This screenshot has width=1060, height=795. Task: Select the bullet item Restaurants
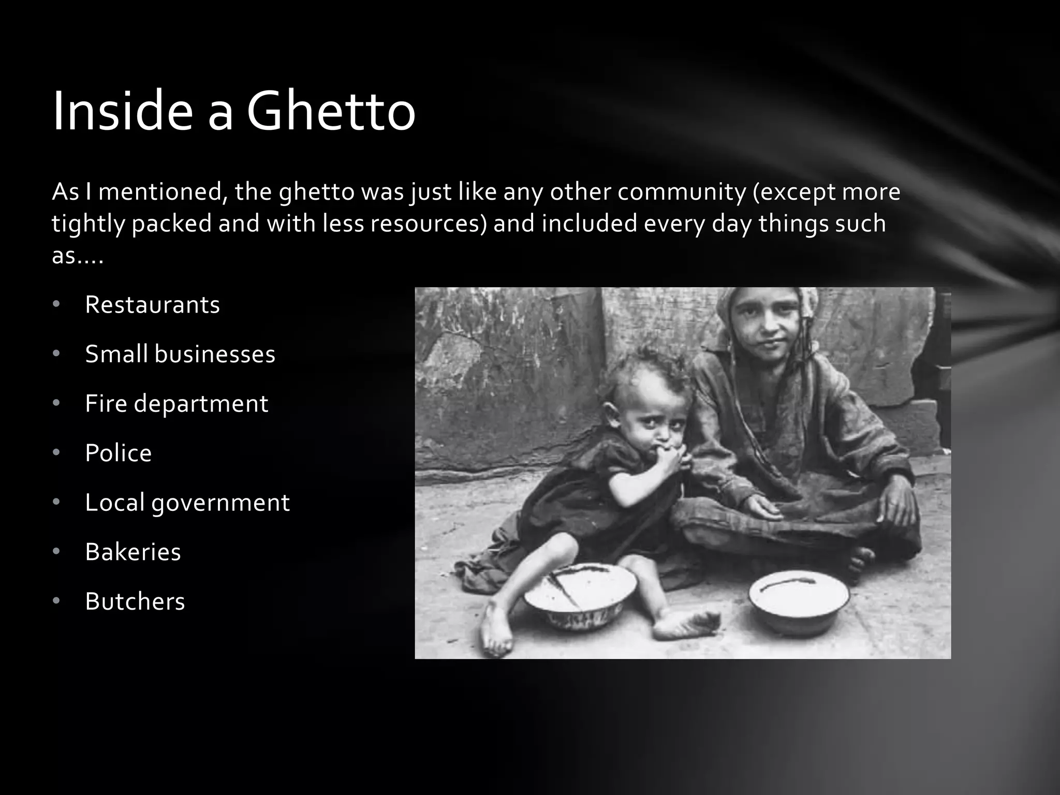[152, 304]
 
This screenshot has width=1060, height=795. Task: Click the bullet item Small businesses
[180, 354]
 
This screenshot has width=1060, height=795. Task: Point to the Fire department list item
[176, 403]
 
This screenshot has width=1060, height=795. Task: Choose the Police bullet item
[118, 453]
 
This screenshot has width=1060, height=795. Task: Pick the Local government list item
[187, 503]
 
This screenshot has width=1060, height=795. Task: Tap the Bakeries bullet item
[132, 552]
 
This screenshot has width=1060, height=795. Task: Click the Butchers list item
[135, 601]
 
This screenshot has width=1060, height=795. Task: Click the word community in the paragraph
[681, 192]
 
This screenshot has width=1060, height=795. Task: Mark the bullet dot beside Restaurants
[56, 304]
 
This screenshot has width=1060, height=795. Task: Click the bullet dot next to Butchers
[56, 601]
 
